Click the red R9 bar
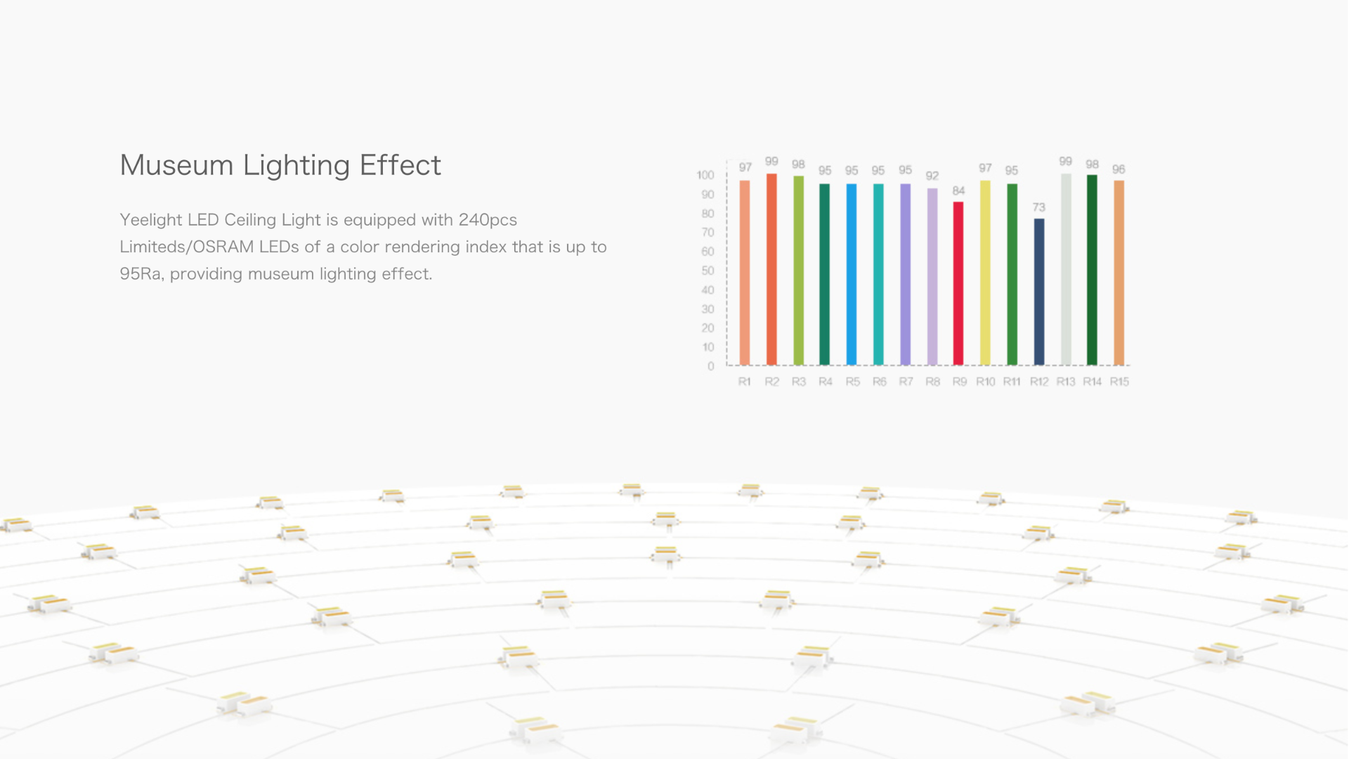coord(958,283)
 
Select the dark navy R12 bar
coord(1038,292)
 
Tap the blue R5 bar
coord(851,274)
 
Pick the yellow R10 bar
coord(985,273)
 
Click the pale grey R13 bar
coord(1066,269)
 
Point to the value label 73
coord(1039,207)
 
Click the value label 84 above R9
coord(958,190)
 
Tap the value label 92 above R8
coord(932,176)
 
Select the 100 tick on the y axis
coord(705,175)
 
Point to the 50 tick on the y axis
coord(708,271)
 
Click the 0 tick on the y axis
coord(710,366)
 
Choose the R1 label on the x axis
coord(744,382)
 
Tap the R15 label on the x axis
coord(1119,382)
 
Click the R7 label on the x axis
coord(906,382)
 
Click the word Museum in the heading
coord(176,165)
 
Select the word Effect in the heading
coord(400,165)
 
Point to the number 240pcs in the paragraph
coord(488,220)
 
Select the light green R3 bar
coord(798,271)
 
